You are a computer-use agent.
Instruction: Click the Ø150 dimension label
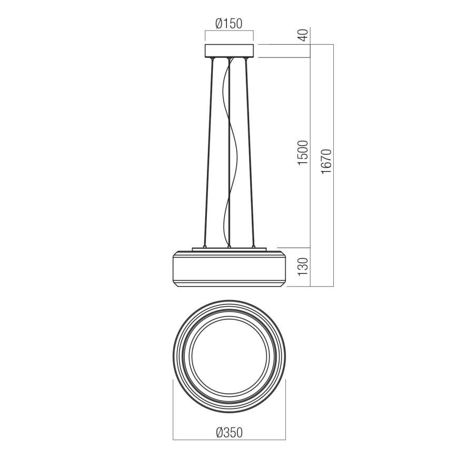(229, 24)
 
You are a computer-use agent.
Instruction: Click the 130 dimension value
(303, 267)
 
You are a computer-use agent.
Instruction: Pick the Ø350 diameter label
(229, 432)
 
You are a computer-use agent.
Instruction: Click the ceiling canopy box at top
(229, 51)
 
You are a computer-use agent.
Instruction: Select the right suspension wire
(249, 153)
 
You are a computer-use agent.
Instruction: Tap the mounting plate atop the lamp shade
(229, 249)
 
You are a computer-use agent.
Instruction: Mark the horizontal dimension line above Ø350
(229, 439)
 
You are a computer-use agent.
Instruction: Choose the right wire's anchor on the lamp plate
(253, 246)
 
